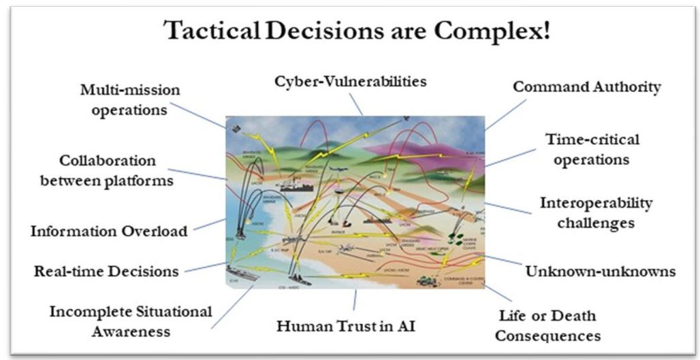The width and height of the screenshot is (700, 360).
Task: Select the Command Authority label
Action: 586,87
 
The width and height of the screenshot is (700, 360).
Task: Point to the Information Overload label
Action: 109,231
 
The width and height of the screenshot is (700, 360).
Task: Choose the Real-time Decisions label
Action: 106,271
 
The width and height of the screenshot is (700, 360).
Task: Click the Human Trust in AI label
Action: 346,325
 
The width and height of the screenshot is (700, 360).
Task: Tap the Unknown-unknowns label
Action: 600,271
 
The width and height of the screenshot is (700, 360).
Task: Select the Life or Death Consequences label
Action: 547,325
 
